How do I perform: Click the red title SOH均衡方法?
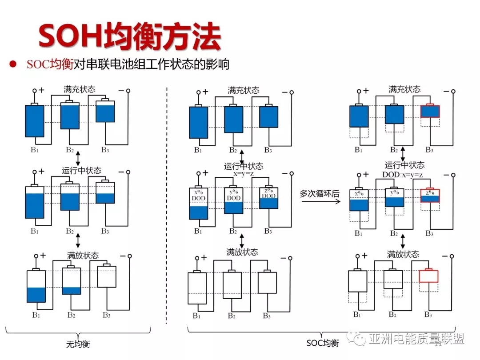(129, 36)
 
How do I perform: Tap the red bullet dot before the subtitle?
(13, 64)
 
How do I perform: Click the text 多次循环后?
(319, 193)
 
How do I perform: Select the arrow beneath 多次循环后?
(320, 201)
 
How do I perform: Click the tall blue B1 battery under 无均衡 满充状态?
(34, 120)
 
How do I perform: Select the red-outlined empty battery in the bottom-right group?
(429, 276)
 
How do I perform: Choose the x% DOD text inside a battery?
(198, 195)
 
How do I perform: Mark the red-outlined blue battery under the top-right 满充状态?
(430, 112)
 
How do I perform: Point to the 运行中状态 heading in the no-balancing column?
(81, 171)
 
